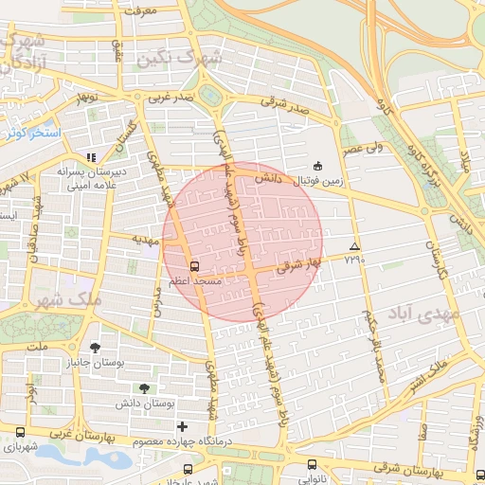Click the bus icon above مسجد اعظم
click(194, 266)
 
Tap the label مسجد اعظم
click(194, 282)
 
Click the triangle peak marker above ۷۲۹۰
click(354, 245)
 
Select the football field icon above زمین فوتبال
click(317, 166)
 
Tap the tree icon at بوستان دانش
click(144, 388)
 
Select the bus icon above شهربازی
click(20, 432)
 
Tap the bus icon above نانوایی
click(313, 464)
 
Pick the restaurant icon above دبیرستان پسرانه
click(91, 157)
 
